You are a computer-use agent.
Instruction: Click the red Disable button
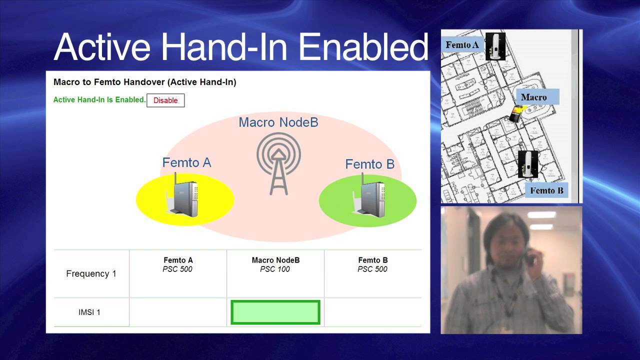point(165,100)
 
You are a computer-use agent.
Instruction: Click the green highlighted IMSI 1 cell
point(275,312)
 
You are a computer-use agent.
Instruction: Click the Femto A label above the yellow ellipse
point(186,162)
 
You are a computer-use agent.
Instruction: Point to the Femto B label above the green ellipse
point(369,164)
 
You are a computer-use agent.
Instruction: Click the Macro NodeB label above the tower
point(278,122)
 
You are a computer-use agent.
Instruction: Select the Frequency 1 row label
point(91,273)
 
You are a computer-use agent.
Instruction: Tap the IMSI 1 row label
point(89,312)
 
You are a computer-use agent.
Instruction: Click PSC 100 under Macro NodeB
point(275,269)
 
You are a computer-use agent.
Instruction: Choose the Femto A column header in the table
point(178,260)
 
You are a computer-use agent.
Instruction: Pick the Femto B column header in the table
point(373,260)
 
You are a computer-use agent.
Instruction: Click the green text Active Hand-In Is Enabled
point(99,99)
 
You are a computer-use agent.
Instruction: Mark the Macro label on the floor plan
point(533,97)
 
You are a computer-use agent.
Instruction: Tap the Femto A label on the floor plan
point(462,45)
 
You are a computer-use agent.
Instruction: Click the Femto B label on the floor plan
point(546,190)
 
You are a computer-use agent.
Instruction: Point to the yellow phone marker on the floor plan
point(514,114)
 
